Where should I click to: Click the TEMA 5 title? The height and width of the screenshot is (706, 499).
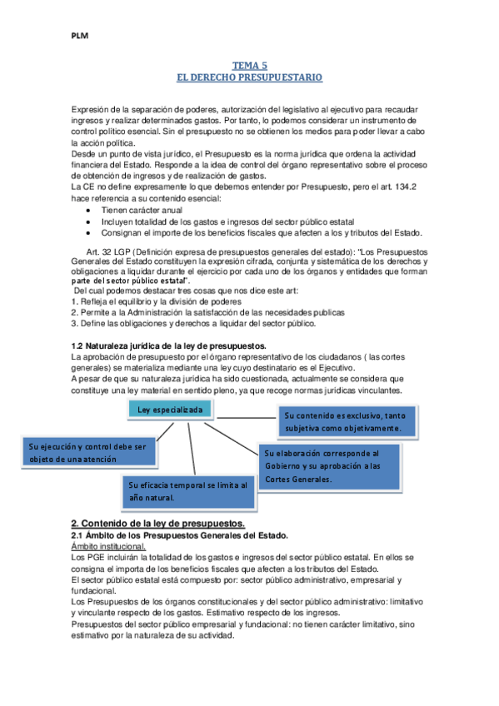250,64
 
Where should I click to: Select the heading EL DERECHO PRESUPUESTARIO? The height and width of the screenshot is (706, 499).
250,77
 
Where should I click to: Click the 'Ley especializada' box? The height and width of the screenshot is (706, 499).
169,410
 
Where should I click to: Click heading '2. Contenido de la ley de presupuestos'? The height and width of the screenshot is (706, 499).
158,522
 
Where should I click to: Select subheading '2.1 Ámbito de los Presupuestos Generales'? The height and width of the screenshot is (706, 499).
179,534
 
